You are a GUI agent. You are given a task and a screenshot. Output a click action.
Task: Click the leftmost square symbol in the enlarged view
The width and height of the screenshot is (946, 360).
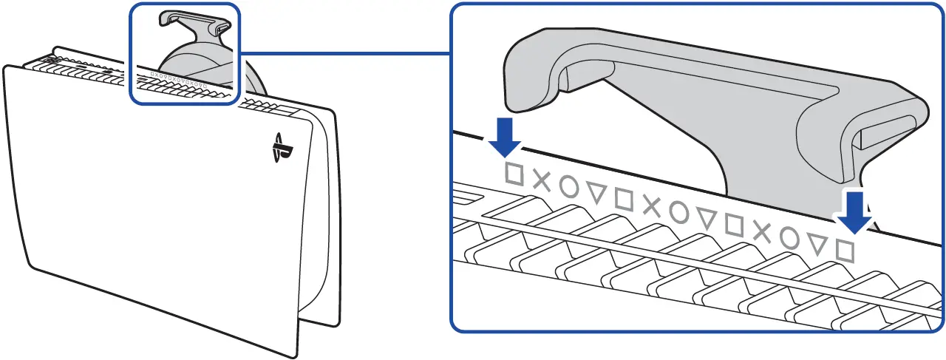pyautogui.click(x=514, y=175)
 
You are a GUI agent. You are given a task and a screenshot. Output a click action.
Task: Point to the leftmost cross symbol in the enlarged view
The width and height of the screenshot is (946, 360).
pyautogui.click(x=542, y=181)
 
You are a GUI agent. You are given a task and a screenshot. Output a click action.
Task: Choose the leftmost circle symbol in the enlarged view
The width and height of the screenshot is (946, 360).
pyautogui.click(x=569, y=187)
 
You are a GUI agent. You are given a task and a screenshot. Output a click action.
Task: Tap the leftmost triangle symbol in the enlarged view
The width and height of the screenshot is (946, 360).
pyautogui.click(x=597, y=194)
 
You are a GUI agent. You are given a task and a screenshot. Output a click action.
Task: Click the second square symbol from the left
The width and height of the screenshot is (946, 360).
pyautogui.click(x=625, y=200)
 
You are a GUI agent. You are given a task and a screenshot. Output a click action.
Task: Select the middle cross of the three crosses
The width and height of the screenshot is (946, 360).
pyautogui.click(x=652, y=206)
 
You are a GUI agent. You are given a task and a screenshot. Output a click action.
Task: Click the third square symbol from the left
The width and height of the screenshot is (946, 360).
pyautogui.click(x=735, y=225)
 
